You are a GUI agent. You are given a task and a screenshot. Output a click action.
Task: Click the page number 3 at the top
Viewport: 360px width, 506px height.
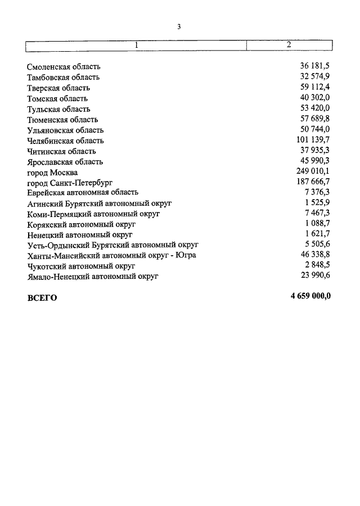[x=179, y=26]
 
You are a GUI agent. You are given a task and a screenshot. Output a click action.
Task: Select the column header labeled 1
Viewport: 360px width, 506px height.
[x=136, y=44]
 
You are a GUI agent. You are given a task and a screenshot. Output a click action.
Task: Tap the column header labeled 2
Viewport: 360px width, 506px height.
[x=289, y=44]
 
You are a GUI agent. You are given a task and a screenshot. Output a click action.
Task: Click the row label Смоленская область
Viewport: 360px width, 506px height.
[x=64, y=67]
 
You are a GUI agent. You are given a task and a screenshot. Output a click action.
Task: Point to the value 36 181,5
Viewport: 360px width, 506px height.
[x=315, y=67]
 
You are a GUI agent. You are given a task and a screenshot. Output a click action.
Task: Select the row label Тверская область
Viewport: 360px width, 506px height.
[x=58, y=88]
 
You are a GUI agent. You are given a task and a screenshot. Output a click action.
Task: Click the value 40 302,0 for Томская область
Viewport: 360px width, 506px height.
[x=315, y=98]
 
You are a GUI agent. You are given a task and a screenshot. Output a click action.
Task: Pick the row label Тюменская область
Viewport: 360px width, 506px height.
[x=62, y=120]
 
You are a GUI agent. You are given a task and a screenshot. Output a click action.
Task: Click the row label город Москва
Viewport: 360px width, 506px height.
[x=52, y=173]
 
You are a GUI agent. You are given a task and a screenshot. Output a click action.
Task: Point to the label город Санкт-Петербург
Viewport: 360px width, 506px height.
[x=70, y=183]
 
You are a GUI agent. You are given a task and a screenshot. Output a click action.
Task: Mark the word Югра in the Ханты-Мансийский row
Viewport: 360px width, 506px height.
[x=185, y=255]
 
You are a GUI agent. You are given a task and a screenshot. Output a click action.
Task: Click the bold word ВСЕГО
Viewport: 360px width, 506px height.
[x=42, y=298]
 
